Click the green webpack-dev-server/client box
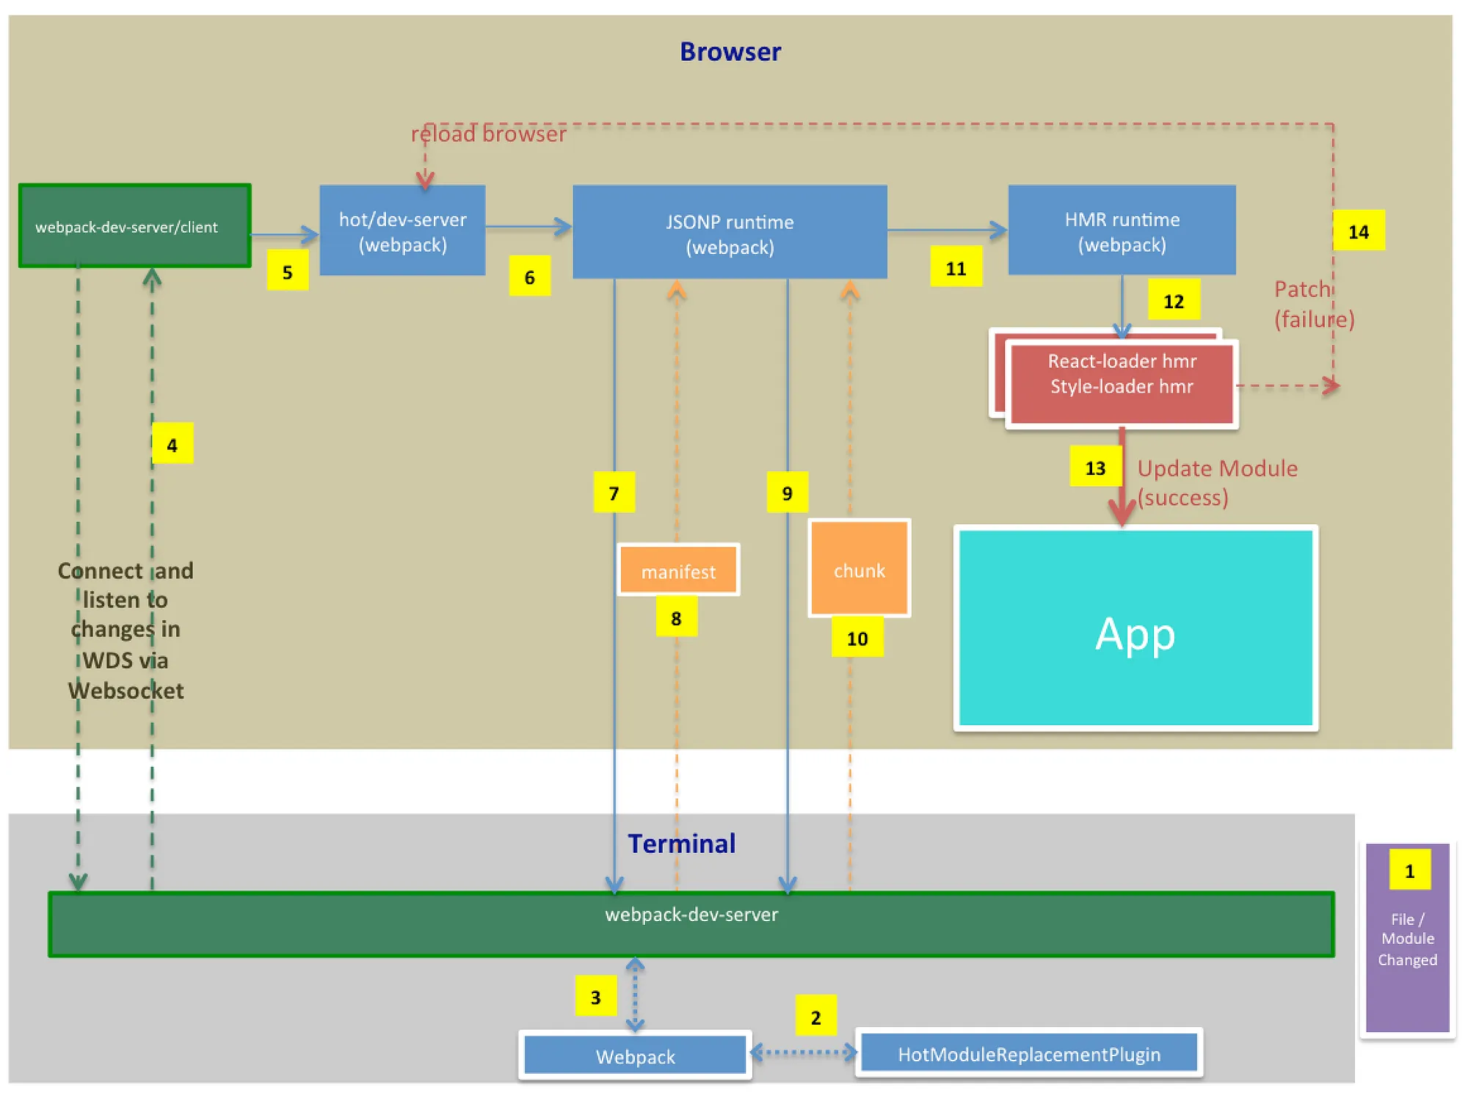point(135,226)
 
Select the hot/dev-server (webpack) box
point(402,230)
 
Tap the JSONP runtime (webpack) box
point(730,233)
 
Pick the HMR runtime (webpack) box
point(1122,230)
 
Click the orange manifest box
point(678,570)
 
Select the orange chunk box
point(859,569)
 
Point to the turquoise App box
point(1135,629)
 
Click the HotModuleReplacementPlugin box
point(1029,1053)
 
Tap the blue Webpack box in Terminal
point(636,1055)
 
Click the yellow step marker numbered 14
point(1359,231)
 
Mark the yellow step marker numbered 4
point(172,444)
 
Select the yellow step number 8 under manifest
point(676,617)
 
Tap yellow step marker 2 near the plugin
point(815,1017)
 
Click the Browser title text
point(730,51)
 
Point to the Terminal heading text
point(681,843)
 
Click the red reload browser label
point(489,134)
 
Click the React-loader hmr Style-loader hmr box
point(1122,382)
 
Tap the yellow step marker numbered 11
point(956,267)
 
